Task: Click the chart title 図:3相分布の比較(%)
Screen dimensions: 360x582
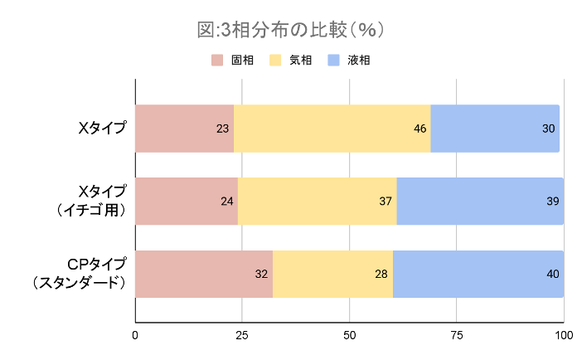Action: click(x=290, y=30)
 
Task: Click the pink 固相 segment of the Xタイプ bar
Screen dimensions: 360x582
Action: click(x=184, y=129)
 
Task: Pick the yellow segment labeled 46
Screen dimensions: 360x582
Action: click(x=332, y=129)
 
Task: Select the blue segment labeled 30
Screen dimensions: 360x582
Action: click(x=495, y=129)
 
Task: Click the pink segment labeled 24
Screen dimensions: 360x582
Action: click(x=187, y=201)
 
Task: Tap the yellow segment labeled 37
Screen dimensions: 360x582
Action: click(x=317, y=201)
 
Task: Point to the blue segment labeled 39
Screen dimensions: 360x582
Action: click(x=480, y=201)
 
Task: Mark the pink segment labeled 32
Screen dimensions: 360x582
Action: click(x=203, y=274)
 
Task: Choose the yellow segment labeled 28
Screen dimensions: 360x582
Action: click(x=332, y=274)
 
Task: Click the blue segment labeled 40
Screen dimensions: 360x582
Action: click(x=478, y=274)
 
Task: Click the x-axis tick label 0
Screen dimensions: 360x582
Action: click(x=135, y=335)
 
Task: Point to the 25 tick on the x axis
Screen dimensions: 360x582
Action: click(x=242, y=335)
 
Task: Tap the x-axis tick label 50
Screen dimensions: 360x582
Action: click(x=349, y=335)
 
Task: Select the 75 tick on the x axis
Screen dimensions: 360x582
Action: click(x=457, y=335)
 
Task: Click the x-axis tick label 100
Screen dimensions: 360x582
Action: click(x=564, y=335)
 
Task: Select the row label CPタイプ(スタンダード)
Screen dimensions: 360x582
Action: click(x=80, y=274)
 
